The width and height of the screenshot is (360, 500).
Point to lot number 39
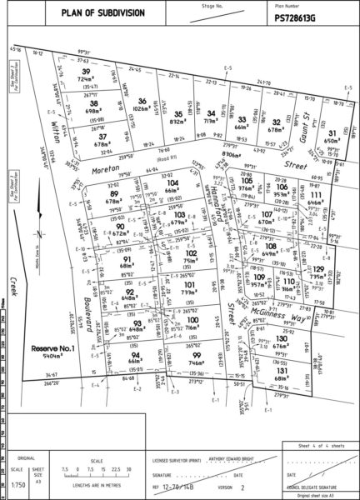pyautogui.click(x=86, y=72)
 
